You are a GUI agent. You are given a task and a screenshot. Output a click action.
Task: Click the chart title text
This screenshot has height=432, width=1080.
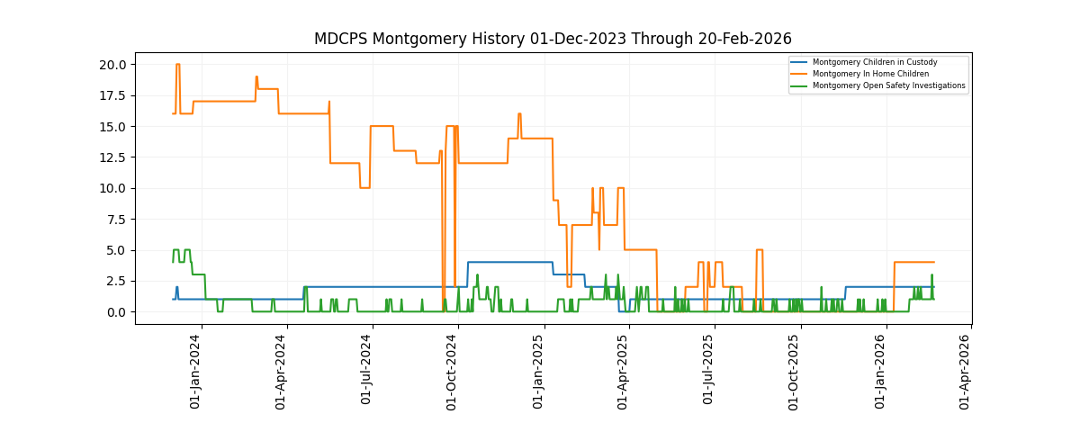point(553,39)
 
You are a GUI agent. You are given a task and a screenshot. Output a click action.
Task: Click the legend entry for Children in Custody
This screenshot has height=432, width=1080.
point(874,62)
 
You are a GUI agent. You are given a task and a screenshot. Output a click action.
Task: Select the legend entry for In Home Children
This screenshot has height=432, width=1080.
point(870,74)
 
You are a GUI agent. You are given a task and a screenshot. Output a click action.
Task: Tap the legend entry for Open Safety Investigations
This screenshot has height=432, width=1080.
point(888,85)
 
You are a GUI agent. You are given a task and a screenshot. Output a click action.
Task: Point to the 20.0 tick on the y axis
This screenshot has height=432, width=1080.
point(112,65)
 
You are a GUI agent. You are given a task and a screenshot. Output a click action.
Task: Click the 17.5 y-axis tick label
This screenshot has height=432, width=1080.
point(112,95)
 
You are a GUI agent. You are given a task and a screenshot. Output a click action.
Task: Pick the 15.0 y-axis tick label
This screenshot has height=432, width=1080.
point(112,127)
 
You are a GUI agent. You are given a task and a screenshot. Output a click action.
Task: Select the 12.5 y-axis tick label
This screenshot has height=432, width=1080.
point(112,157)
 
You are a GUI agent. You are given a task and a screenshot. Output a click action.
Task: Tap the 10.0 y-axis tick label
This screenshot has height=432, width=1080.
point(112,188)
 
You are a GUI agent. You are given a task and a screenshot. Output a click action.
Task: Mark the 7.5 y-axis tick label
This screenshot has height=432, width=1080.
point(116,220)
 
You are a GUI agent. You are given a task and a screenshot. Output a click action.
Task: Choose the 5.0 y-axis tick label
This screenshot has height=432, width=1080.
point(116,250)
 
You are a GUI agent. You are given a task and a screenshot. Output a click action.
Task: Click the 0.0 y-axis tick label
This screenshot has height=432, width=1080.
point(116,312)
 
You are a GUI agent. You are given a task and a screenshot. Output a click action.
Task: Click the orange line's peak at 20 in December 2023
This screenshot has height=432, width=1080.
point(178,65)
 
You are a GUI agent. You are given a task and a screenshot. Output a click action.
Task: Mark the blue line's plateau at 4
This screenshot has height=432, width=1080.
point(509,262)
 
